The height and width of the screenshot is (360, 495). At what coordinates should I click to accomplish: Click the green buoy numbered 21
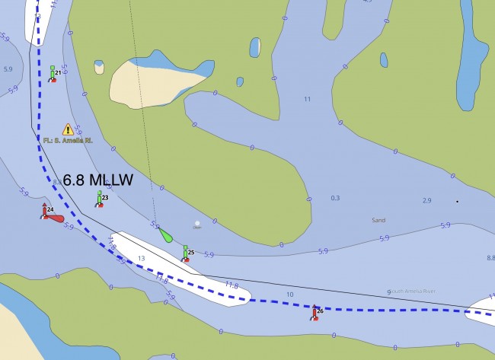tap(53, 73)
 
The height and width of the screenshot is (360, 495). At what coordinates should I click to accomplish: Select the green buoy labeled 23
tap(99, 199)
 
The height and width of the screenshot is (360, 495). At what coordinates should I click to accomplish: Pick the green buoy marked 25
tap(185, 253)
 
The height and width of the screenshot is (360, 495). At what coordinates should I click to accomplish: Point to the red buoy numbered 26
tap(315, 312)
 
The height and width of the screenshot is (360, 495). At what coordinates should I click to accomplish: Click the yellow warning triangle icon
tap(68, 129)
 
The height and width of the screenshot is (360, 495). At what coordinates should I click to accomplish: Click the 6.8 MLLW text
tap(97, 180)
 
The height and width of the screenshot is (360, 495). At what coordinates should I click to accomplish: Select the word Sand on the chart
tap(378, 220)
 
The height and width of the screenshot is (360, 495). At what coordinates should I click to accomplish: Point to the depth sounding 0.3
tap(335, 199)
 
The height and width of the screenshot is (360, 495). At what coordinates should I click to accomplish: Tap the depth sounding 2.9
tap(426, 200)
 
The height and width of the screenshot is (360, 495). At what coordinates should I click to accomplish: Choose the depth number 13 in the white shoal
tap(141, 259)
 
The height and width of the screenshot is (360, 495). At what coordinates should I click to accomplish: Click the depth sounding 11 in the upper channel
tap(308, 100)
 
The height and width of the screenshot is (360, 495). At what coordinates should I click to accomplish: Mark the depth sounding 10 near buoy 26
tap(289, 295)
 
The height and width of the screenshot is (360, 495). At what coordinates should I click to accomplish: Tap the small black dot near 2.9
tap(457, 201)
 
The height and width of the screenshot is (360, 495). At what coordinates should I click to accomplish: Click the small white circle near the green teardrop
tap(197, 224)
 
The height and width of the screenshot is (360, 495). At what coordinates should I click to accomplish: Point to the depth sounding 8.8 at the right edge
tap(490, 258)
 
